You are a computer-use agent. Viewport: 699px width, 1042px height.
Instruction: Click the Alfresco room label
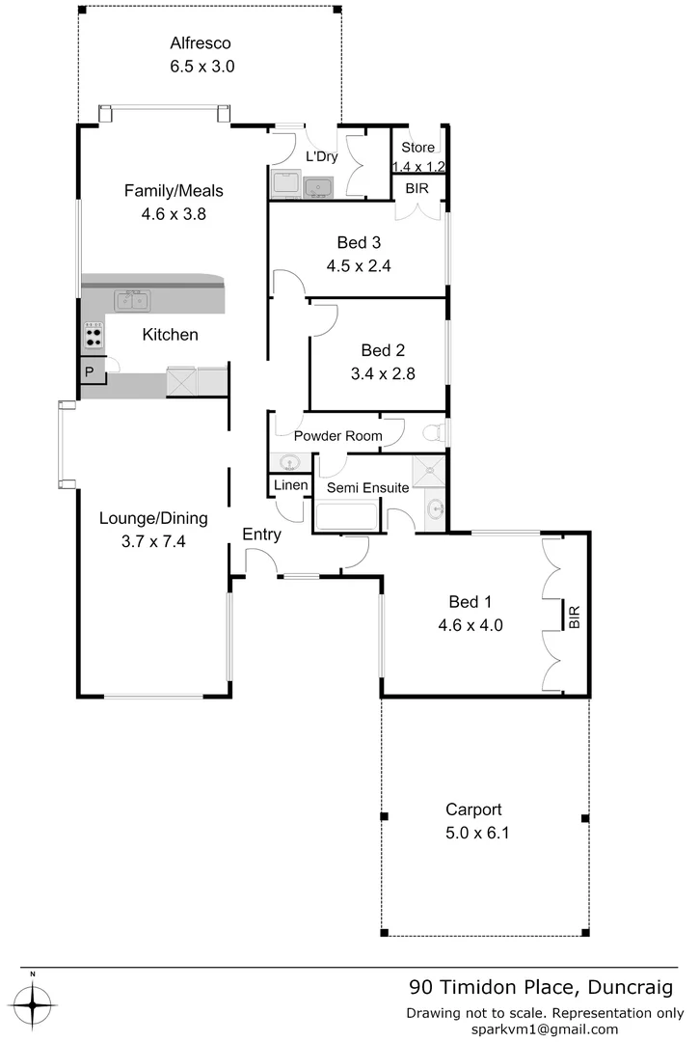point(201,42)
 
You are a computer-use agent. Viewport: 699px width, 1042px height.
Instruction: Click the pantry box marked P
point(90,372)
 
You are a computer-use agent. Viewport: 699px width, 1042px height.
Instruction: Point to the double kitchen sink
point(133,301)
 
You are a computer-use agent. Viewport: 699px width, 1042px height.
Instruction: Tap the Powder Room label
point(337,436)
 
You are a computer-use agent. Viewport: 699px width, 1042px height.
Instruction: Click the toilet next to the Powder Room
point(435,431)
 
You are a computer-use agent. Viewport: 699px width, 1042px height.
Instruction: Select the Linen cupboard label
point(290,484)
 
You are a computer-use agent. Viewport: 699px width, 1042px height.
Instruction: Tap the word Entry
point(261,535)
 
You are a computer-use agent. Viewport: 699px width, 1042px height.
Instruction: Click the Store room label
point(418,148)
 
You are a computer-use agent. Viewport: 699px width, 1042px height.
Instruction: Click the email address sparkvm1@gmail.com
point(545,1029)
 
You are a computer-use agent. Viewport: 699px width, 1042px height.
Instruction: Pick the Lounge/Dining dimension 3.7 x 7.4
point(143,541)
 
